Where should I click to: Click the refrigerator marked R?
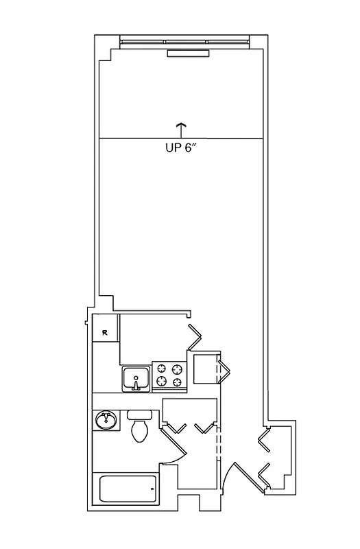(106, 333)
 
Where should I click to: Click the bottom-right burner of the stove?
(178, 382)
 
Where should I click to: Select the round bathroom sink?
(106, 419)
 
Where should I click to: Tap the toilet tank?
(139, 415)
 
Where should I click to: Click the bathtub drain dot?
(152, 489)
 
